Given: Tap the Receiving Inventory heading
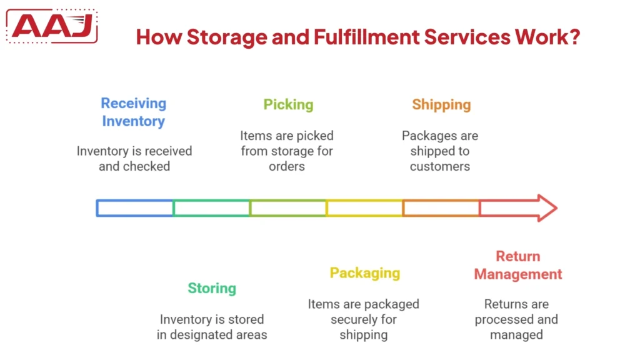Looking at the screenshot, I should tap(133, 112).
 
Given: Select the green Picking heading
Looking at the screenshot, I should tap(288, 105).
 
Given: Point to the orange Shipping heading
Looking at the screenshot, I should tap(441, 105).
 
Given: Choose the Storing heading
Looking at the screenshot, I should tap(212, 288).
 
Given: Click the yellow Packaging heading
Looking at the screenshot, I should tap(365, 273).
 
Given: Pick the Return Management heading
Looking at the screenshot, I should tap(518, 265).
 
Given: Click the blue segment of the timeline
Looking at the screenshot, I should tap(135, 208).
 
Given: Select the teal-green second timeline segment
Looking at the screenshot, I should tap(212, 208).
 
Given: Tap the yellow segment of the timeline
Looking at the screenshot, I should tap(364, 208).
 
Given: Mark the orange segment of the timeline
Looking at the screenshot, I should tap(441, 208).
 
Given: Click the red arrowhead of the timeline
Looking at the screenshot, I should tap(545, 208).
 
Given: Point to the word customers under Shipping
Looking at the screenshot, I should tap(440, 166).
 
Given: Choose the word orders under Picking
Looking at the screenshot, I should tap(287, 166).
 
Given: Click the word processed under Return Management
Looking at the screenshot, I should tap(504, 319).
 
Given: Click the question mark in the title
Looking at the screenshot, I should tap(574, 37).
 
